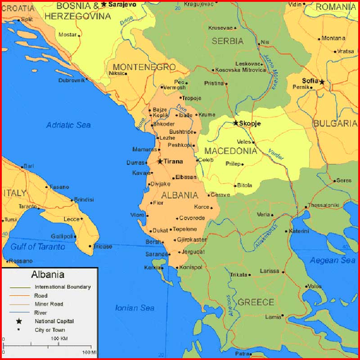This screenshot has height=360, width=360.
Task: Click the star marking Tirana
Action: tap(160, 161)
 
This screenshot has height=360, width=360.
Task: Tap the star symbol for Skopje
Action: tap(236, 123)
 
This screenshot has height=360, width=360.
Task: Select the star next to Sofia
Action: tap(322, 82)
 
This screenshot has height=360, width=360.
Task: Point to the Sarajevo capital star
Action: tap(104, 4)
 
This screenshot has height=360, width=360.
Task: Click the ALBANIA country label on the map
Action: tap(180, 195)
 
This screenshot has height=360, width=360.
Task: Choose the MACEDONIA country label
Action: tap(231, 151)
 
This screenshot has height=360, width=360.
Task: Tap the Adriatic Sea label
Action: tap(68, 125)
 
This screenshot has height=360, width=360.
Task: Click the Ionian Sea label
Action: tap(135, 308)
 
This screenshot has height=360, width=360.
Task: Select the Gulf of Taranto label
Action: tap(38, 247)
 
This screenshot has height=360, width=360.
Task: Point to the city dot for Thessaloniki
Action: tap(306, 207)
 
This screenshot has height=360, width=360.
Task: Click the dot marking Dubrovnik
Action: tap(87, 80)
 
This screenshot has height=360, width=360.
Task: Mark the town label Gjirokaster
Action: tap(192, 240)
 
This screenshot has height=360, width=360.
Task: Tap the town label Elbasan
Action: tap(186, 177)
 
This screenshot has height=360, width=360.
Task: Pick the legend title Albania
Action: tap(48, 274)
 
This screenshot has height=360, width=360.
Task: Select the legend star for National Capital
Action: tap(19, 321)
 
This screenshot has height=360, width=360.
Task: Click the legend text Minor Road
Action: tap(49, 304)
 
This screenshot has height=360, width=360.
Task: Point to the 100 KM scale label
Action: tap(59, 338)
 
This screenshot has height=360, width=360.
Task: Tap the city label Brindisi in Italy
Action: tap(84, 199)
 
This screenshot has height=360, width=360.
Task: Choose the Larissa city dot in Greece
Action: tap(283, 272)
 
